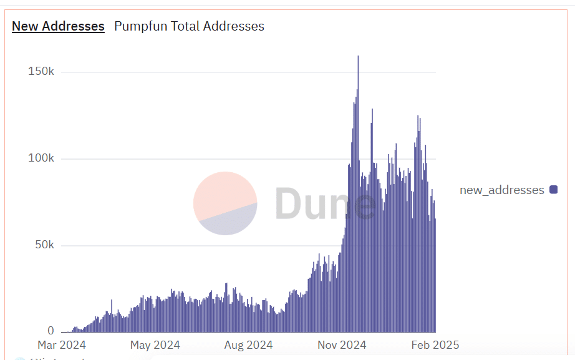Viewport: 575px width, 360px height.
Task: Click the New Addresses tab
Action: (x=58, y=26)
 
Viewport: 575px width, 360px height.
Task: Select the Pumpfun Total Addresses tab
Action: (x=189, y=26)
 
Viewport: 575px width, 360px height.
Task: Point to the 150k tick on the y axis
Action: (x=41, y=72)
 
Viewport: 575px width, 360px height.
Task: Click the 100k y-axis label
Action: (x=41, y=158)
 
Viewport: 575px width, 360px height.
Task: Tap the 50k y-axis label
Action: (x=44, y=245)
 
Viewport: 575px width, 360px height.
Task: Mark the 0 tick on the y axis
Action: (x=51, y=331)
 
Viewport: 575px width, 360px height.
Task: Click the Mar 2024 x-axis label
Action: (x=61, y=345)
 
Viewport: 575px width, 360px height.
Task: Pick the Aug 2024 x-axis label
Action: (x=248, y=345)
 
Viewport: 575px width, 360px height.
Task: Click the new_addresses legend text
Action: (x=501, y=190)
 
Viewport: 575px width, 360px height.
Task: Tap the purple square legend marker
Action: (x=553, y=190)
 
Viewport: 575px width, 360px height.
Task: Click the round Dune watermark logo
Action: (x=225, y=203)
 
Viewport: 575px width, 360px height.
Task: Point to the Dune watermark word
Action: (x=324, y=203)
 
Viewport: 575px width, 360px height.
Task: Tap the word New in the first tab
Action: (x=24, y=26)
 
